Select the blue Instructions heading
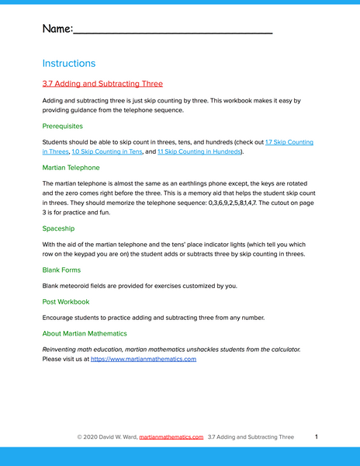(69, 63)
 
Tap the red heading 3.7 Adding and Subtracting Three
(102, 83)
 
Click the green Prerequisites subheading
(62, 125)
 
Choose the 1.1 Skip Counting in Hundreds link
(200, 152)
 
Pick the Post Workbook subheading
(66, 301)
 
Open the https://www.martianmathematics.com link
(144, 359)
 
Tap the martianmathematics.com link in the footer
(171, 437)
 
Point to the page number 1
(317, 437)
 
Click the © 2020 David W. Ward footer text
(106, 437)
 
